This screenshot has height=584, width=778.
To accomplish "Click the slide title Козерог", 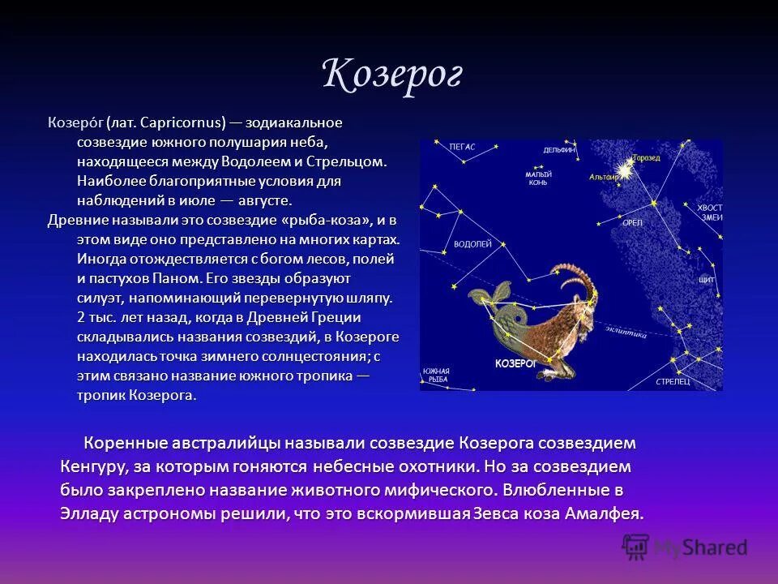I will (391, 75).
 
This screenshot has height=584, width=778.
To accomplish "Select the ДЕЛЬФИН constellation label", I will (559, 150).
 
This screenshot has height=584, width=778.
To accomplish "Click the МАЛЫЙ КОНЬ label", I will (537, 178).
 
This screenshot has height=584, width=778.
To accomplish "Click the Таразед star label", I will (646, 157).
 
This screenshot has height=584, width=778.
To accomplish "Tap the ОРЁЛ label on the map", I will (631, 221).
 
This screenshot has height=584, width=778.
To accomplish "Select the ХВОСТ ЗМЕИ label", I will (709, 212).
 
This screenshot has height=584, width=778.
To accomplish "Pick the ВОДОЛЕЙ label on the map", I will (473, 243).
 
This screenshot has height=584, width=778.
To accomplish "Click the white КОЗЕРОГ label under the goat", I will (515, 364).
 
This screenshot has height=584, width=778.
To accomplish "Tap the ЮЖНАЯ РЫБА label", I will (435, 375).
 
